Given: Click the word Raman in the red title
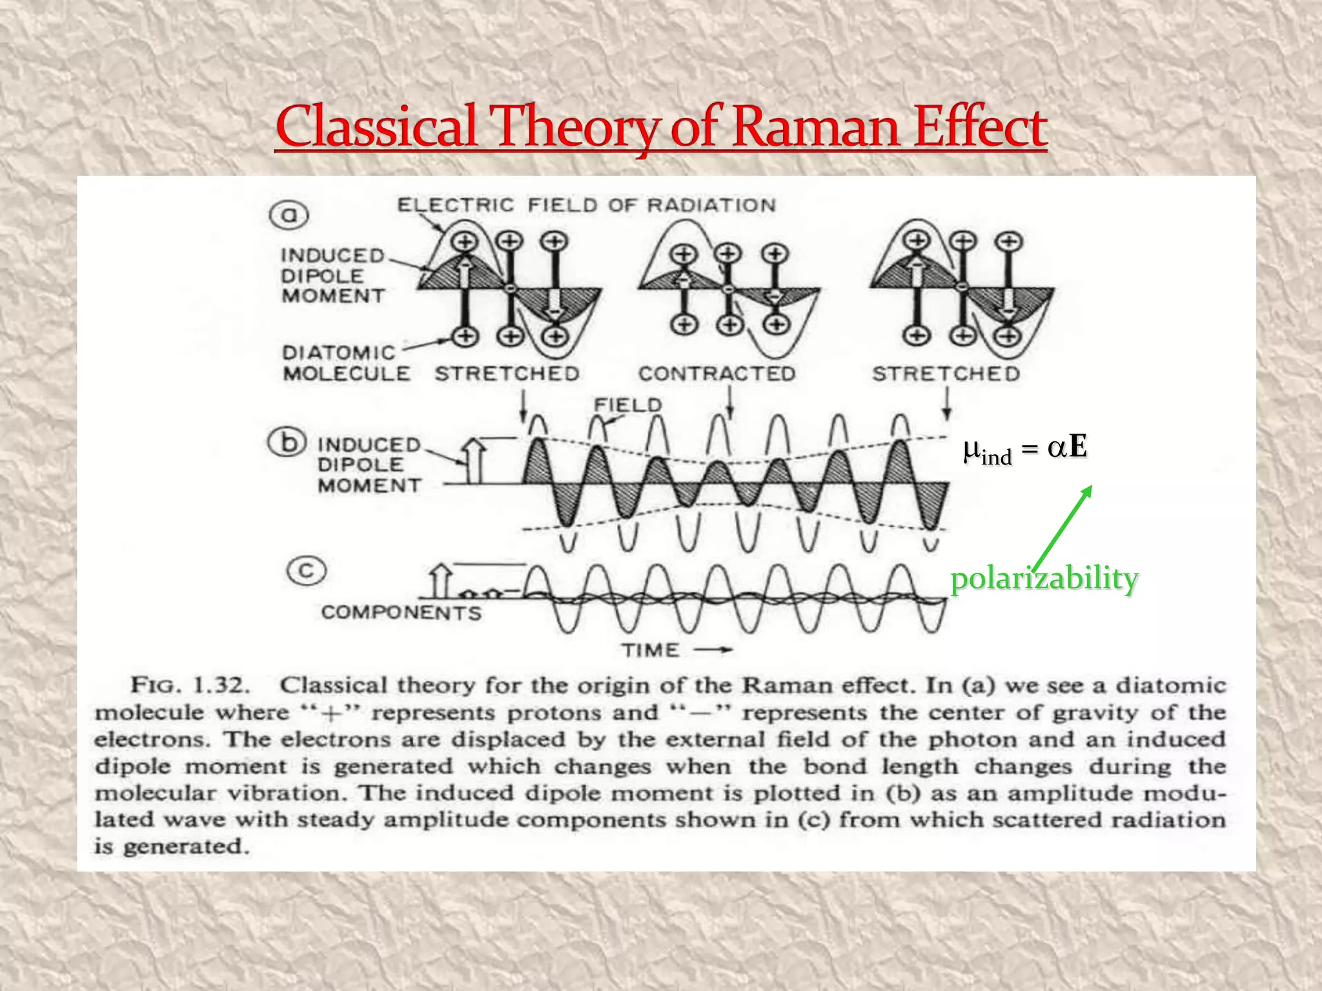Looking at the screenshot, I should coord(817,127).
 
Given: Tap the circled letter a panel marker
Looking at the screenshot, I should coord(289,215).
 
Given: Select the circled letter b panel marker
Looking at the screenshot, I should coord(287,443).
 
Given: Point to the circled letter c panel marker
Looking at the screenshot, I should coord(307,572).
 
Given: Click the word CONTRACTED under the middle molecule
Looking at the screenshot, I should coord(717,374).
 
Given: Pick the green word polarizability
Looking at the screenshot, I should coord(1044,579).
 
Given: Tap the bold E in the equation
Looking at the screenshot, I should coord(1077,446).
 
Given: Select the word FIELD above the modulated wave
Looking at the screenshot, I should coord(627,405).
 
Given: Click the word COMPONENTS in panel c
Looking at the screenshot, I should coord(401,612).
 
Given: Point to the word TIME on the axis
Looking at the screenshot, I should coord(651,650).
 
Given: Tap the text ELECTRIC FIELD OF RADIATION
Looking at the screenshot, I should coord(586,205).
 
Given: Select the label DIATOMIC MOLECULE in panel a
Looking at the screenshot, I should coord(345,363).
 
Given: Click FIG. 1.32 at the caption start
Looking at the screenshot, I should coord(190,685).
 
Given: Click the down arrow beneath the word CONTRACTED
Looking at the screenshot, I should coord(729,403).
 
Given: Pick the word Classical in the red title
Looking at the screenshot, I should coord(376,127).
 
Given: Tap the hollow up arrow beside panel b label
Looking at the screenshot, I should coord(474,461).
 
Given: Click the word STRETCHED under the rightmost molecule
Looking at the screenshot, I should coord(946,374).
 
